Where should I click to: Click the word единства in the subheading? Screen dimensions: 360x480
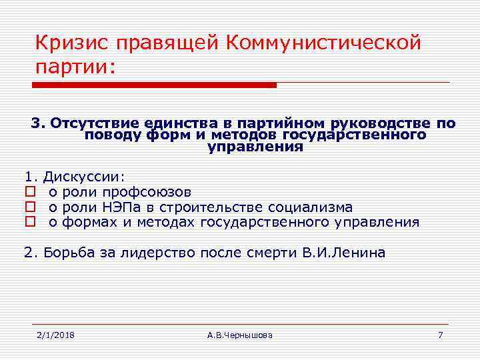[171, 123]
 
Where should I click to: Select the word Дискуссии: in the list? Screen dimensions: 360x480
[83, 177]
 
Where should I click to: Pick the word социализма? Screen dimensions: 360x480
[310, 207]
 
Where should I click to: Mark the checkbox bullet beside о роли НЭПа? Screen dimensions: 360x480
[29, 208]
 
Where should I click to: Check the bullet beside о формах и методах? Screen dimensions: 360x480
[29, 223]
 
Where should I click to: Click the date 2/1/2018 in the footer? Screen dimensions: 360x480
[55, 334]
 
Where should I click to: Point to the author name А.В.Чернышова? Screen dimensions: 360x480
[240, 334]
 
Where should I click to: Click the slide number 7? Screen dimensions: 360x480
[440, 334]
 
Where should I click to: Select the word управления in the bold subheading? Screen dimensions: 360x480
[255, 148]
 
